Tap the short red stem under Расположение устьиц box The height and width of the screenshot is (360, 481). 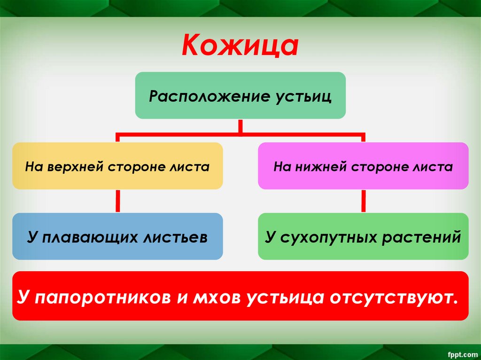[240, 126]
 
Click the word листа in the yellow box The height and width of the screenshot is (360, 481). [194, 167]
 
